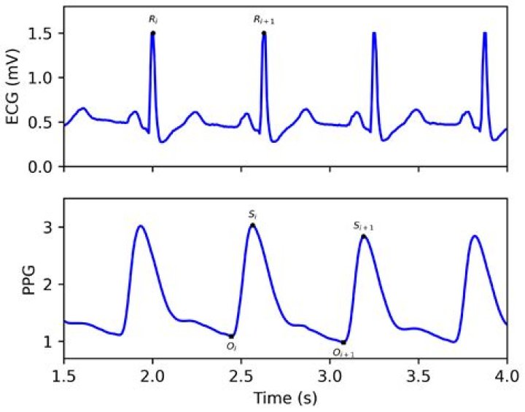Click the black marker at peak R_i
[x=152, y=33]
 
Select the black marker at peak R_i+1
[x=263, y=33]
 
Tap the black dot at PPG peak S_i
[x=252, y=225]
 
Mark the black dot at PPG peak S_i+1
[x=363, y=236]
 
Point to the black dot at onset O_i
[x=232, y=335]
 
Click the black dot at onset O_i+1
[x=343, y=342]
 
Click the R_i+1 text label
[x=264, y=21]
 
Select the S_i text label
[x=252, y=214]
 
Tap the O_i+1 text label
[x=343, y=353]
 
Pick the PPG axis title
[x=13, y=279]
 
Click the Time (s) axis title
[x=285, y=399]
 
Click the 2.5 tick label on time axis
[x=241, y=376]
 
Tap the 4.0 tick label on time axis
[x=506, y=376]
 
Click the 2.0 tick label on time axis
[x=152, y=376]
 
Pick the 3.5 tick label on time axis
[x=418, y=376]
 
